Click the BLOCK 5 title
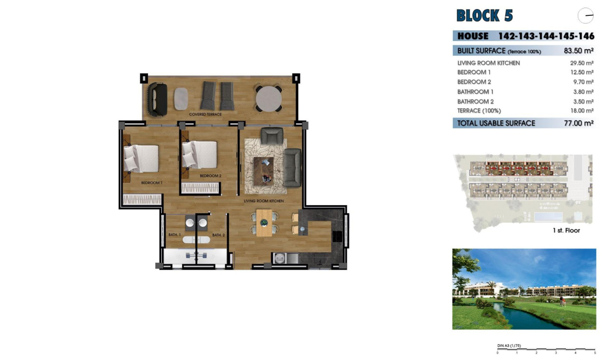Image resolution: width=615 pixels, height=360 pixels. pyautogui.click(x=484, y=16)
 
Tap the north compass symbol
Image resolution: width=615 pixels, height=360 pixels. pyautogui.click(x=585, y=16)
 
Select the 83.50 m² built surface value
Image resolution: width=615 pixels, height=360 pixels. pyautogui.click(x=578, y=51)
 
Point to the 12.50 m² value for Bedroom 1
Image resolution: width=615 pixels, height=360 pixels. pyautogui.click(x=582, y=72)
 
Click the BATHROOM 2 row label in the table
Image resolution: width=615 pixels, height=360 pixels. pyautogui.click(x=475, y=102)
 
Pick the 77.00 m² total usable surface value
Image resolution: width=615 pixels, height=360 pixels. pyautogui.click(x=578, y=123)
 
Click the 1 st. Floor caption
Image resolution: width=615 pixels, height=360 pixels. pyautogui.click(x=566, y=230)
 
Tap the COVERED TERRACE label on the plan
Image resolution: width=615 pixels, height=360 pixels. pyautogui.click(x=205, y=114)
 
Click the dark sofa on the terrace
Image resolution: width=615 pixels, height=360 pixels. pyautogui.click(x=157, y=99)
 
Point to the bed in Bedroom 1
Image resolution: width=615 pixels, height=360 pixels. pyautogui.click(x=141, y=158)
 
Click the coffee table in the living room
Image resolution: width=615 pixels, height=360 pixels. pyautogui.click(x=264, y=171)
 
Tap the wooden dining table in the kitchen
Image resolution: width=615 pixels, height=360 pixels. pyautogui.click(x=264, y=223)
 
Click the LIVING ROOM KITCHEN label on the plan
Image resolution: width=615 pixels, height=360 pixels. pyautogui.click(x=264, y=201)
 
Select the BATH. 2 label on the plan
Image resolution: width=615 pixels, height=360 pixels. pyautogui.click(x=218, y=235)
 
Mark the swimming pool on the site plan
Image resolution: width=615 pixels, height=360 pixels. pyautogui.click(x=547, y=217)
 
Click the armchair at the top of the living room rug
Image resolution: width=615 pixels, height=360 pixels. pyautogui.click(x=272, y=135)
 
